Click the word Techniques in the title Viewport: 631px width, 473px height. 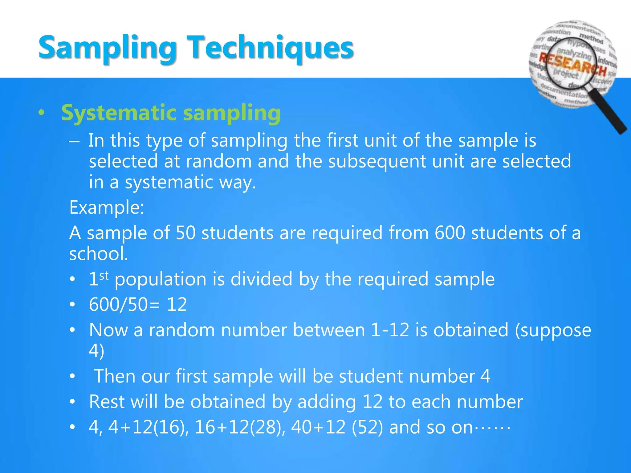tap(271, 48)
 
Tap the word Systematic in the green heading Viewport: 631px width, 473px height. tap(119, 113)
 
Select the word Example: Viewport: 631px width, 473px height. tap(107, 207)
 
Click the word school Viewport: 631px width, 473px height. tap(98, 254)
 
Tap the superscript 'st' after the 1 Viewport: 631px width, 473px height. tap(104, 275)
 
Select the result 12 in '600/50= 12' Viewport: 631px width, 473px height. tap(177, 305)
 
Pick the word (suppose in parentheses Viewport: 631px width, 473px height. tap(553, 330)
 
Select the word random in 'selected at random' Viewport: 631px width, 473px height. tap(218, 161)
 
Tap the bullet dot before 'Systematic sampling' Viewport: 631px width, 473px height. tap(42, 113)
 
